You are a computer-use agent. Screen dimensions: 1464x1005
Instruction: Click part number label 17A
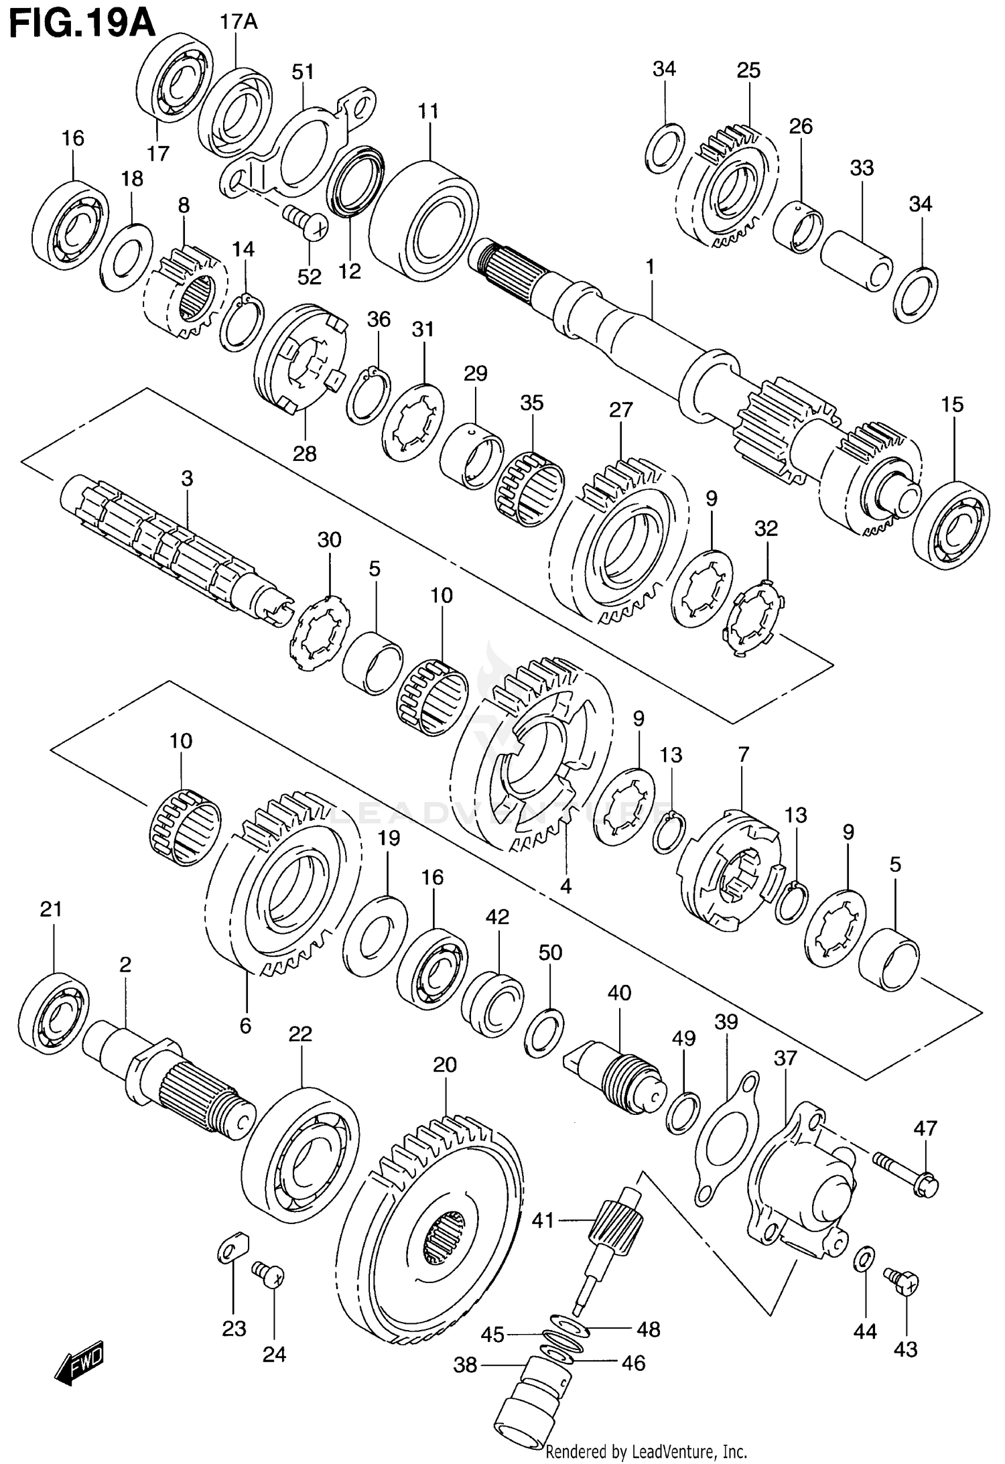point(238,22)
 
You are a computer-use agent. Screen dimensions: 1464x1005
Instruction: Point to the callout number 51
point(303,71)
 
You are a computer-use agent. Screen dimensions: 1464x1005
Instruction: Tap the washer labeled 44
point(863,1258)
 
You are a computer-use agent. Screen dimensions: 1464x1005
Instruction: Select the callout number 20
point(445,1065)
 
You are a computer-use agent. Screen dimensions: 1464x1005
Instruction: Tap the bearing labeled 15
point(951,525)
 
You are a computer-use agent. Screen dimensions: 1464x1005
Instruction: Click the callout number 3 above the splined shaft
point(187,478)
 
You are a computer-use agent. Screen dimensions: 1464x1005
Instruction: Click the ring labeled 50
point(544,1032)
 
